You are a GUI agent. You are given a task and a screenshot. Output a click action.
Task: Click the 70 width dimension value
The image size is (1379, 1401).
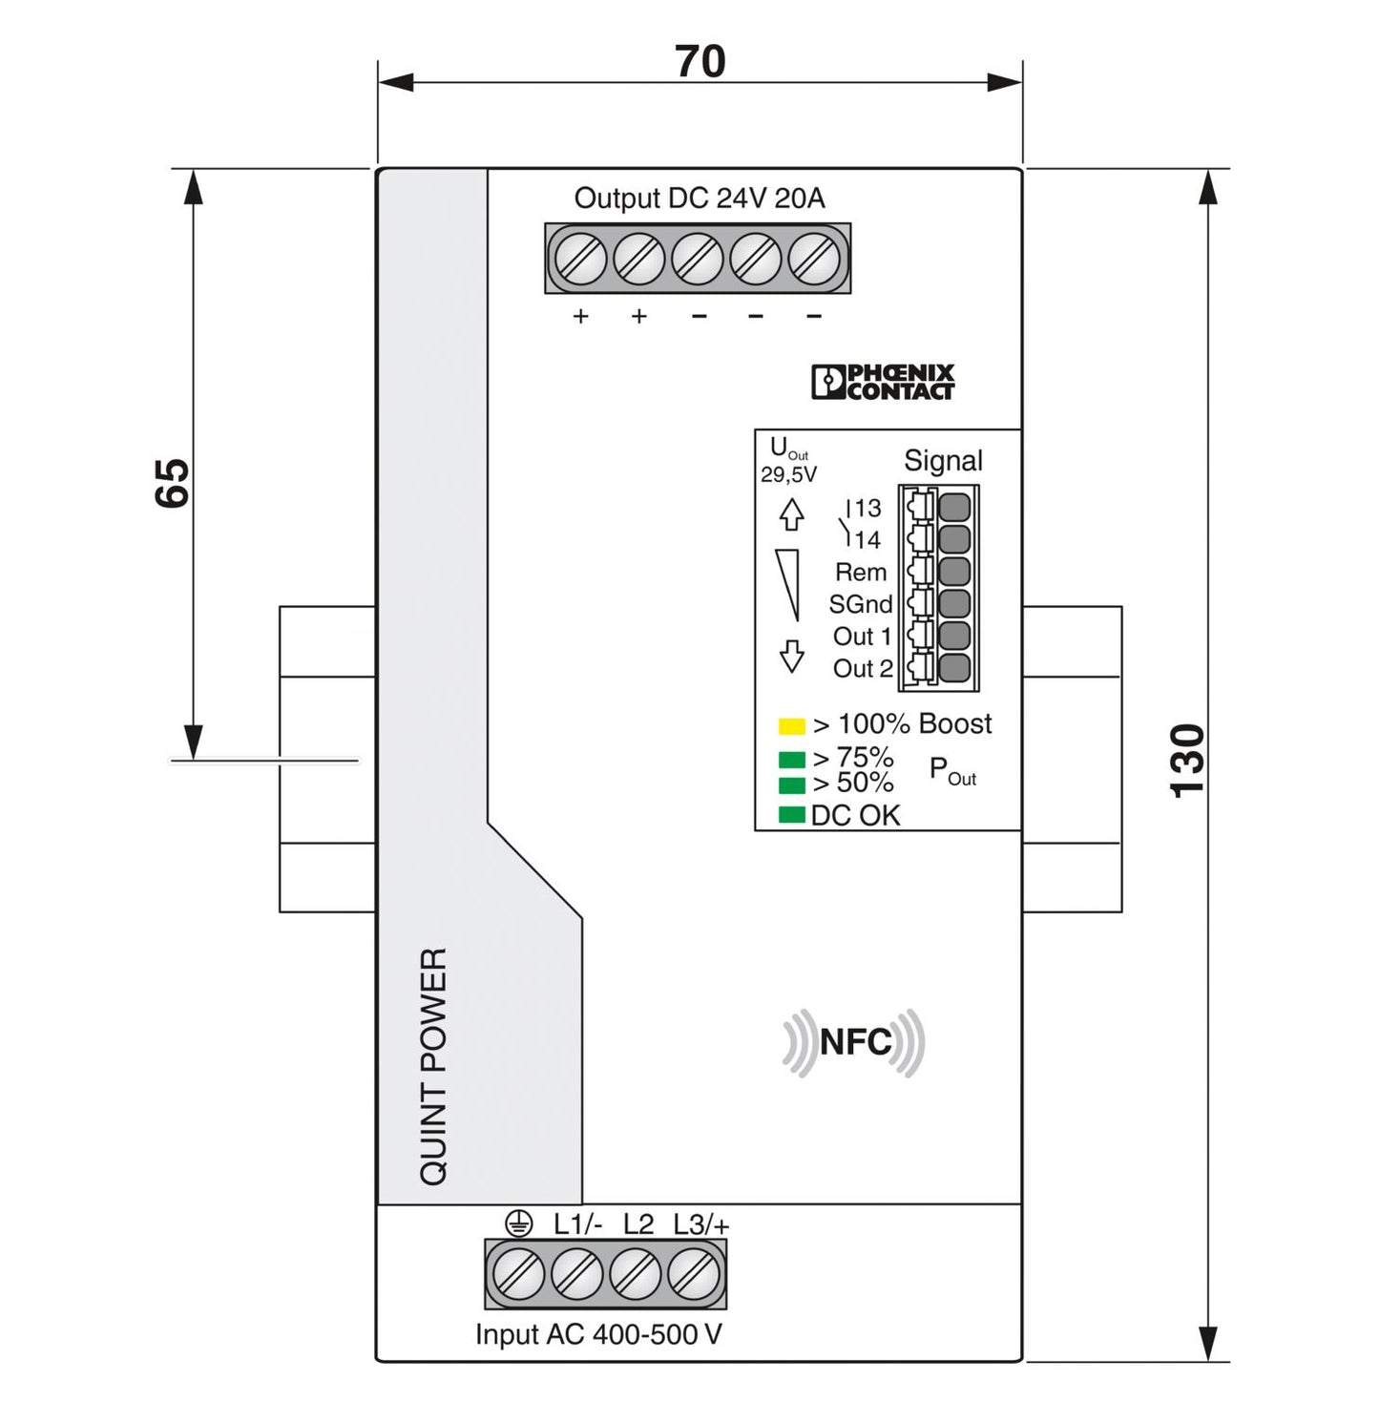(700, 62)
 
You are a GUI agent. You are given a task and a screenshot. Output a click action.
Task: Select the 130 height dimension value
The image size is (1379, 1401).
(1188, 760)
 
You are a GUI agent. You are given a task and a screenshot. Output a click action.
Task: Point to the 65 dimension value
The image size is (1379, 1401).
(173, 483)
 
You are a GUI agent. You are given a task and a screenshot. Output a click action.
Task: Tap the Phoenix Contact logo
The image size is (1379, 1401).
(883, 382)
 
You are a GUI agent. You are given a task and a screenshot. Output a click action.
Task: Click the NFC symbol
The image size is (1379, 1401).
(854, 1042)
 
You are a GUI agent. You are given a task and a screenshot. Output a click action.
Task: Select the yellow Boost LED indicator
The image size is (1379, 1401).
(791, 726)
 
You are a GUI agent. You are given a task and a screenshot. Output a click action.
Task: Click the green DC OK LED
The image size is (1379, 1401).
(791, 815)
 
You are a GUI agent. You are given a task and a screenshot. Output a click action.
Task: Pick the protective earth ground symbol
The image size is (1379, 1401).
(518, 1223)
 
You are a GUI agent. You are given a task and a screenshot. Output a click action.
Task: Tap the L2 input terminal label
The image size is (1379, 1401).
(638, 1224)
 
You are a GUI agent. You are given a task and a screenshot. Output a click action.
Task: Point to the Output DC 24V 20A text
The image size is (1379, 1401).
(699, 199)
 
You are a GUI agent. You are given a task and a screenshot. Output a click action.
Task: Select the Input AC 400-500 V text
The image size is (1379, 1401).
(598, 1334)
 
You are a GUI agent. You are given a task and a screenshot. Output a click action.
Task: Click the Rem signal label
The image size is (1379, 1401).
(860, 573)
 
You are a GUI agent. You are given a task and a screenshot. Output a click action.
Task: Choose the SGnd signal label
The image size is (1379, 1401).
(860, 604)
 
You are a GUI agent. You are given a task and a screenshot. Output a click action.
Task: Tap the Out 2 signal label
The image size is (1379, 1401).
(862, 668)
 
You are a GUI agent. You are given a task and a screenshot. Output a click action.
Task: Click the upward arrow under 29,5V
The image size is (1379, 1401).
(791, 514)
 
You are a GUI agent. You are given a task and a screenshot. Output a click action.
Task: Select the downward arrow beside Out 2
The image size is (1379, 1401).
(791, 657)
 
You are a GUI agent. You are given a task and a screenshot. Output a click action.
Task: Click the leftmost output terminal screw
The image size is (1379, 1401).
(580, 259)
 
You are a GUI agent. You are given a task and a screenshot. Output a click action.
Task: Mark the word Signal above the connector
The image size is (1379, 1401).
(943, 461)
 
